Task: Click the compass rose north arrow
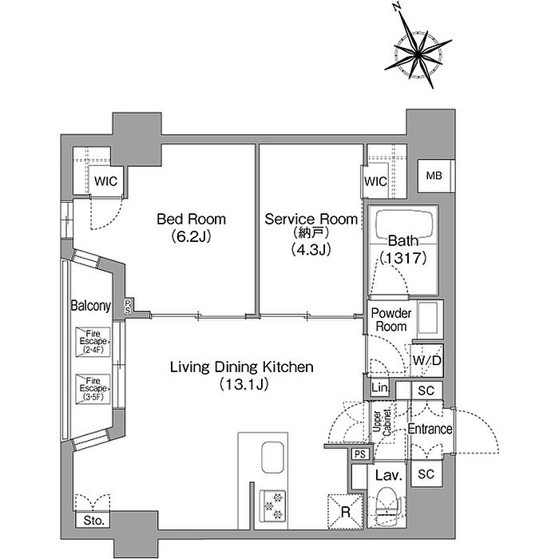406,30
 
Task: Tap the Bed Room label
192,219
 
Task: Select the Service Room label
311,219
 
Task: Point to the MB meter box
434,176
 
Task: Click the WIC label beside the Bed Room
106,181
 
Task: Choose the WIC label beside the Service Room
376,181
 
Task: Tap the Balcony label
90,306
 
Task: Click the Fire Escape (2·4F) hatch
93,342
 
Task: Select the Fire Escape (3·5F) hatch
93,389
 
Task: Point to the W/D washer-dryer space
426,360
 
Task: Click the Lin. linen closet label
379,387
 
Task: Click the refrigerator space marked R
346,512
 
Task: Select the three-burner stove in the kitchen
273,506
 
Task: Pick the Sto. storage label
93,521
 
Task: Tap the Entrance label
430,429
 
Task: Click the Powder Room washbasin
428,317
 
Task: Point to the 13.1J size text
244,384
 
